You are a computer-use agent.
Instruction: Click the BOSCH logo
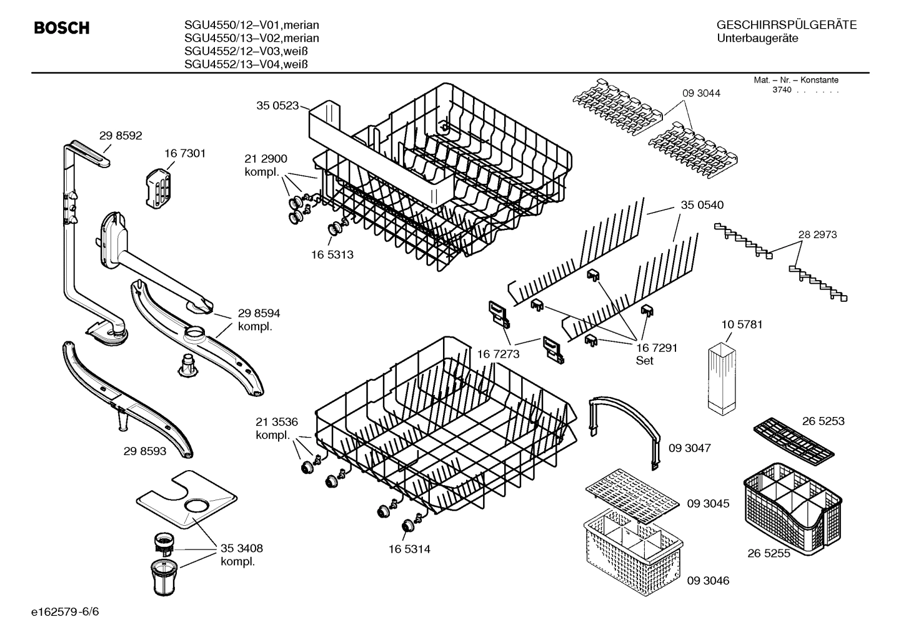click(x=61, y=28)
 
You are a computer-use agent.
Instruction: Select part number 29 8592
click(x=121, y=135)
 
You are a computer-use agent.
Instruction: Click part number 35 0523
click(x=277, y=106)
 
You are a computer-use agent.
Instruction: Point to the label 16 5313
click(x=332, y=254)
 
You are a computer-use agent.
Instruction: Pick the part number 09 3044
click(x=701, y=93)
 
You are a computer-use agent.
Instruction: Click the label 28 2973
click(x=817, y=234)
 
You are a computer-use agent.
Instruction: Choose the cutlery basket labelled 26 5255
click(x=792, y=506)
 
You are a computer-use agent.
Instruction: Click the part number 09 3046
click(x=708, y=581)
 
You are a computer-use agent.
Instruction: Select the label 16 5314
click(x=409, y=549)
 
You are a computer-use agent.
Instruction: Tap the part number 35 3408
click(x=241, y=548)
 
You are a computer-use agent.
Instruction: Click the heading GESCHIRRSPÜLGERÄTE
click(x=786, y=25)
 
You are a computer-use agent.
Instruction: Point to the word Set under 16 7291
click(x=644, y=361)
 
